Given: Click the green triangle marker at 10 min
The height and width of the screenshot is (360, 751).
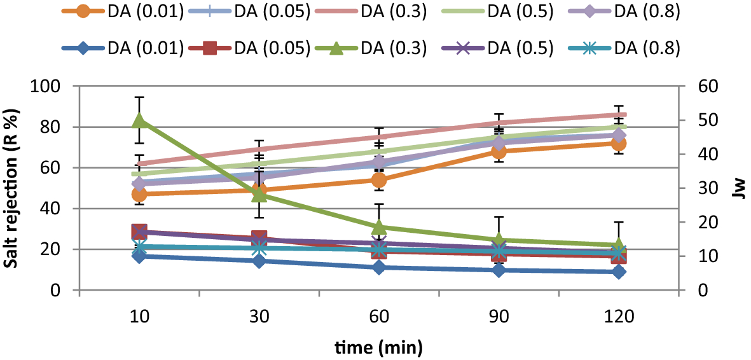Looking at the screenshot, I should [x=139, y=120].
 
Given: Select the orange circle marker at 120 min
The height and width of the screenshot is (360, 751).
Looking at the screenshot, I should [x=619, y=143].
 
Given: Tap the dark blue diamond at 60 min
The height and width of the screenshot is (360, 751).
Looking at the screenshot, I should [x=379, y=268].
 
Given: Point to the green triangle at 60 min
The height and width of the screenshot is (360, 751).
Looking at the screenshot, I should [x=379, y=227].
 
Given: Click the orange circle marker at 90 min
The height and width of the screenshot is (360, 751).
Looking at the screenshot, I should [x=499, y=151].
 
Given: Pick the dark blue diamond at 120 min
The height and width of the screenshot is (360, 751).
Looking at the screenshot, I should [x=619, y=272].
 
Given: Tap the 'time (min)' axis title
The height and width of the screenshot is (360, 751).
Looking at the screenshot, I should [x=379, y=347].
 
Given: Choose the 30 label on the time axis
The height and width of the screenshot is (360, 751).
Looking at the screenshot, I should [x=259, y=317].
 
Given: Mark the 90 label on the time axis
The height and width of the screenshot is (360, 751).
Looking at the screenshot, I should [x=499, y=317].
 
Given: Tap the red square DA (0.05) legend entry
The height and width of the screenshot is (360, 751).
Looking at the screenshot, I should [x=248, y=48].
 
